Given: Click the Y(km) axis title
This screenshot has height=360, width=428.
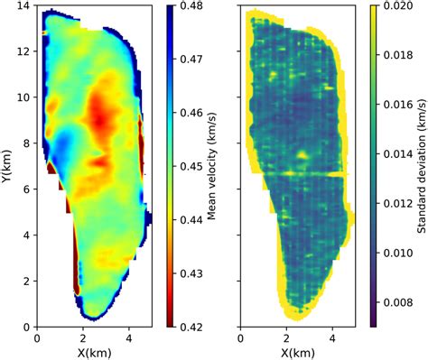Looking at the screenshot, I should pyautogui.click(x=8, y=167).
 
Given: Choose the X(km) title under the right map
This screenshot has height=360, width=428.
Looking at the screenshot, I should pyautogui.click(x=298, y=353).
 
